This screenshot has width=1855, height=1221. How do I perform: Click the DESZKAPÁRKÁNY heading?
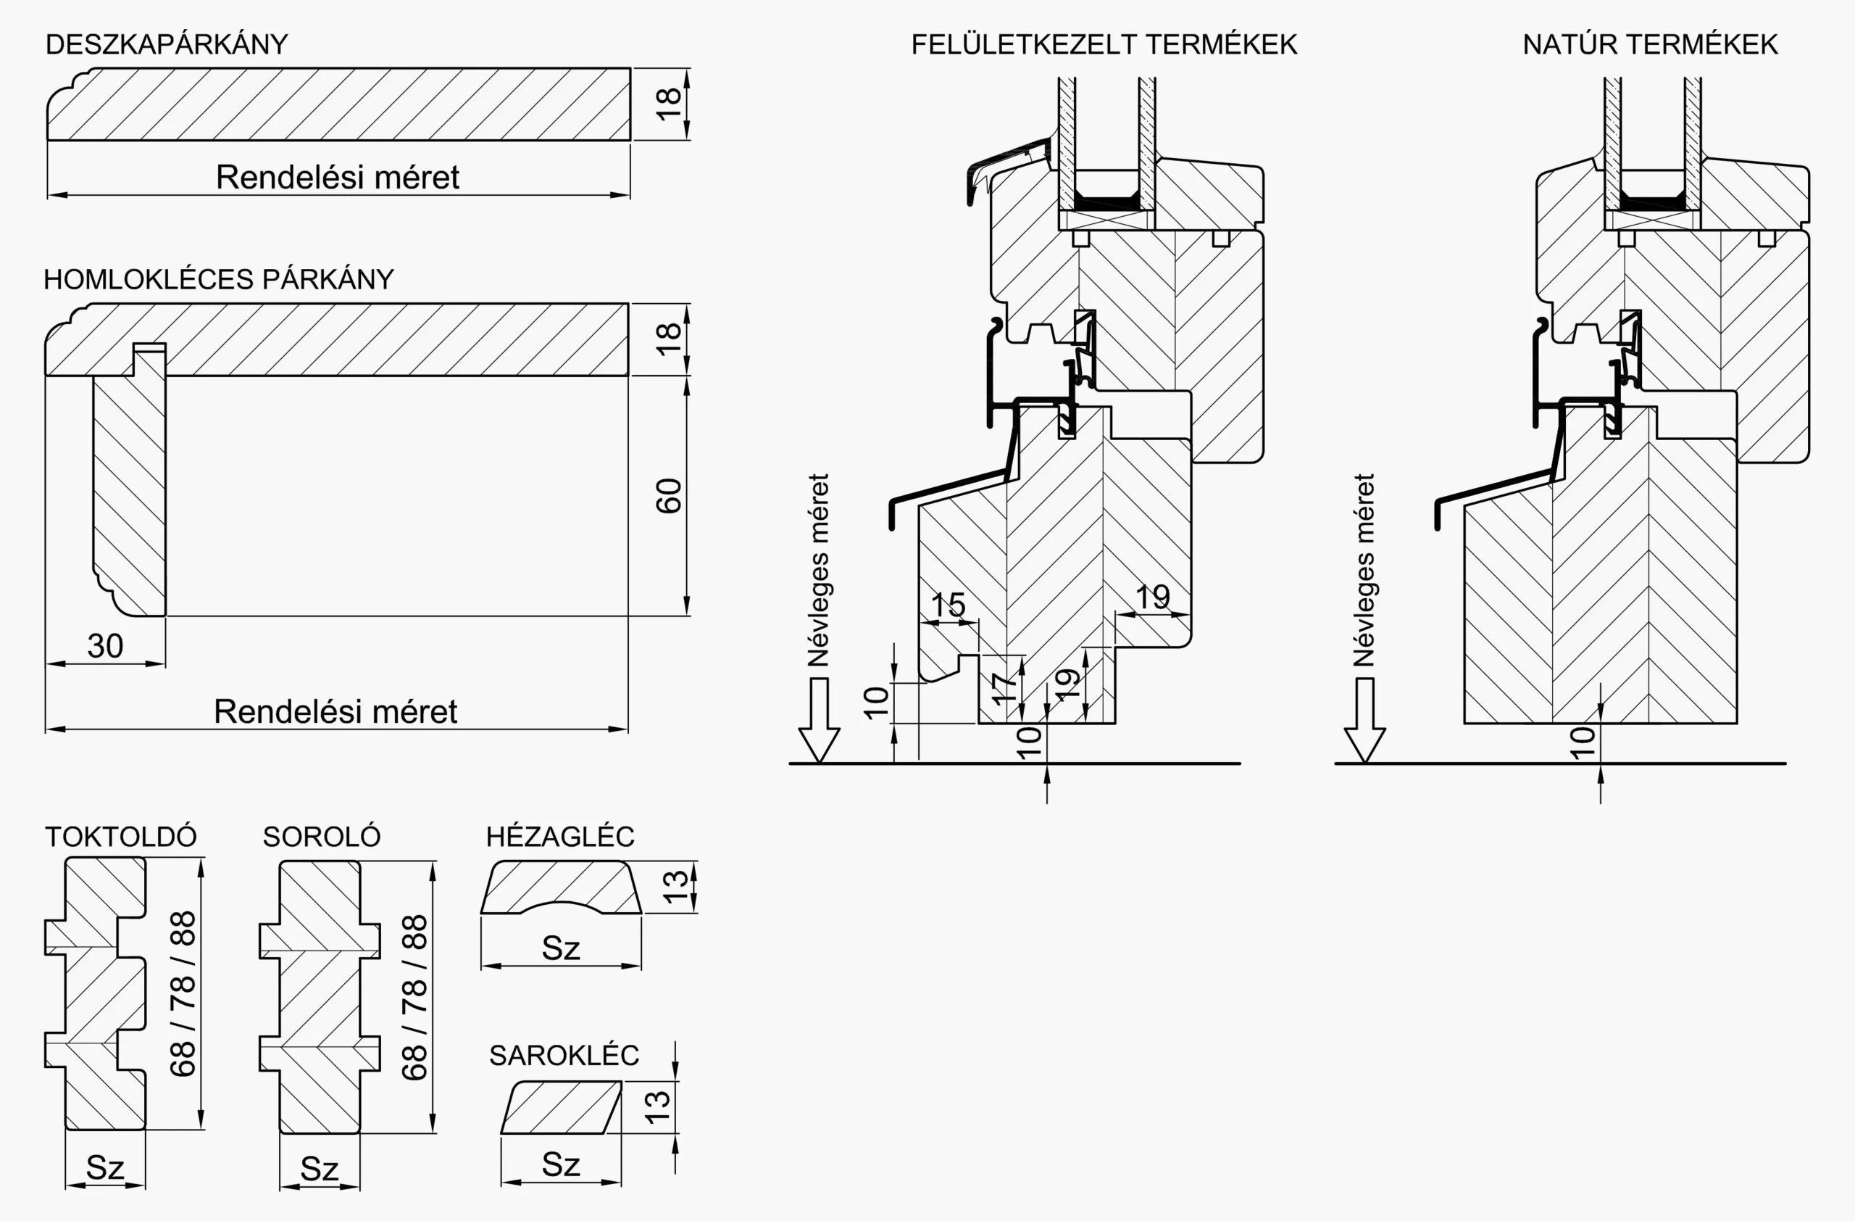pyautogui.click(x=167, y=44)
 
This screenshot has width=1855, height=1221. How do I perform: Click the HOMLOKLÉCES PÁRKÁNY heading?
pyautogui.click(x=218, y=279)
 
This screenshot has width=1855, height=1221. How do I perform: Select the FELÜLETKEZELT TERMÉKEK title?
pyautogui.click(x=1104, y=44)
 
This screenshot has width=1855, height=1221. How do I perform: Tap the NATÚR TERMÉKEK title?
pyautogui.click(x=1650, y=44)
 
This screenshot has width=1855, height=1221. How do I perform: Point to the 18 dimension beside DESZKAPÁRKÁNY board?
pyautogui.click(x=669, y=104)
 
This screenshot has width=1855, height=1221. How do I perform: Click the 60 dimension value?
pyautogui.click(x=669, y=496)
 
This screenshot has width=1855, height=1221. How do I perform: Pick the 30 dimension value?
pyautogui.click(x=105, y=645)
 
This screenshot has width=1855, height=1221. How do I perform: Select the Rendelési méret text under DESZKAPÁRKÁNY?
pyautogui.click(x=337, y=177)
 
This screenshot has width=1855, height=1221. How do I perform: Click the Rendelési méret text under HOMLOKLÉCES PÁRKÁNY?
pyautogui.click(x=335, y=711)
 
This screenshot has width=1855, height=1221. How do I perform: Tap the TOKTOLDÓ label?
pyautogui.click(x=121, y=837)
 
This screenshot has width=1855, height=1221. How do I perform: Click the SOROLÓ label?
pyautogui.click(x=321, y=837)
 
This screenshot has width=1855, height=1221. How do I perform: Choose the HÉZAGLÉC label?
pyautogui.click(x=559, y=837)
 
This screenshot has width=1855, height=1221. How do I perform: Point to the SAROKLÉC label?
pyautogui.click(x=564, y=1056)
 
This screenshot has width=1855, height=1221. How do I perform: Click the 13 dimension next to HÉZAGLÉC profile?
pyautogui.click(x=675, y=887)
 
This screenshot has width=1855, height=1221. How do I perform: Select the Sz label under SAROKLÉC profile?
pyautogui.click(x=561, y=1164)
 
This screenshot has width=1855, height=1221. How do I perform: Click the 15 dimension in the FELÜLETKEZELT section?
pyautogui.click(x=948, y=605)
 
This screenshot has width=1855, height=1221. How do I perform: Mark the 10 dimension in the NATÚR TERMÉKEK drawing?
pyautogui.click(x=1583, y=742)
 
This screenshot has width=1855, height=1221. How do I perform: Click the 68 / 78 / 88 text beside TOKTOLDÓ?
pyautogui.click(x=183, y=993)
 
